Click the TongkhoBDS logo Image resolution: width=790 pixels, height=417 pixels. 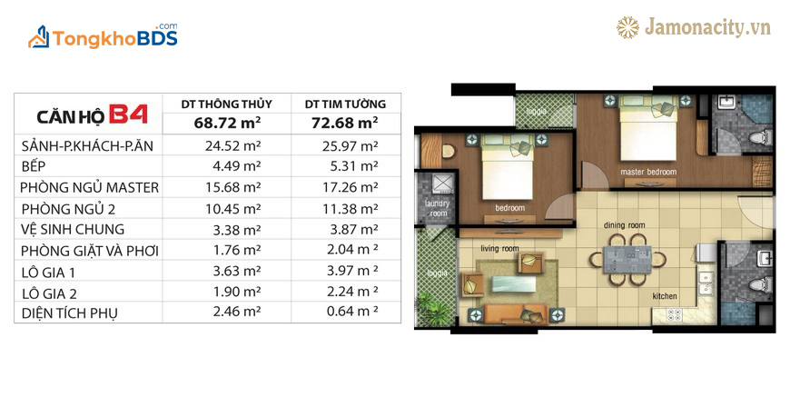pyautogui.click(x=103, y=36)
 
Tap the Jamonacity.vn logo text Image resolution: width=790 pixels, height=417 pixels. pyautogui.click(x=707, y=27)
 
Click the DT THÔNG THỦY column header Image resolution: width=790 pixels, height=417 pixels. pyautogui.click(x=227, y=104)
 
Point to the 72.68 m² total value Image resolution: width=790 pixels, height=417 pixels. pyautogui.click(x=345, y=123)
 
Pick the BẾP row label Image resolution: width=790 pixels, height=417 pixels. pyautogui.click(x=34, y=166)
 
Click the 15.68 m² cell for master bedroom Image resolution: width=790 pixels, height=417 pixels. pyautogui.click(x=232, y=187)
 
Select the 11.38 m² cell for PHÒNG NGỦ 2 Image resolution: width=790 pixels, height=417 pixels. pyautogui.click(x=351, y=209)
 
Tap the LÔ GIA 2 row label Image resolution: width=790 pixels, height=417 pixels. pyautogui.click(x=49, y=293)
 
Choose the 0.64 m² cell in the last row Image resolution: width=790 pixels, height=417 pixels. pyautogui.click(x=352, y=311)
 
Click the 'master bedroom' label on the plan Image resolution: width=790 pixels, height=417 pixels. pyautogui.click(x=648, y=172)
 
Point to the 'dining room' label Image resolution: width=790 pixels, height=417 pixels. pyautogui.click(x=624, y=225)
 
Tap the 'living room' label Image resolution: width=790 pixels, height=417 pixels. pyautogui.click(x=499, y=249)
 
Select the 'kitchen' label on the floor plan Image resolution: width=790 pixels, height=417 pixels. pyautogui.click(x=665, y=296)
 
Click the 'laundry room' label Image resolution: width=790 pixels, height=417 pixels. pyautogui.click(x=437, y=208)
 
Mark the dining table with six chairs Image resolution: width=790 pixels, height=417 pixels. pyautogui.click(x=627, y=260)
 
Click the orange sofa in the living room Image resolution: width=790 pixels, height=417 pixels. pyautogui.click(x=515, y=313)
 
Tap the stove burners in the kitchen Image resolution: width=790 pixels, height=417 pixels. pyautogui.click(x=674, y=315)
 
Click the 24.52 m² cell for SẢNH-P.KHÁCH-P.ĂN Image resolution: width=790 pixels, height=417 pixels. pyautogui.click(x=232, y=145)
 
